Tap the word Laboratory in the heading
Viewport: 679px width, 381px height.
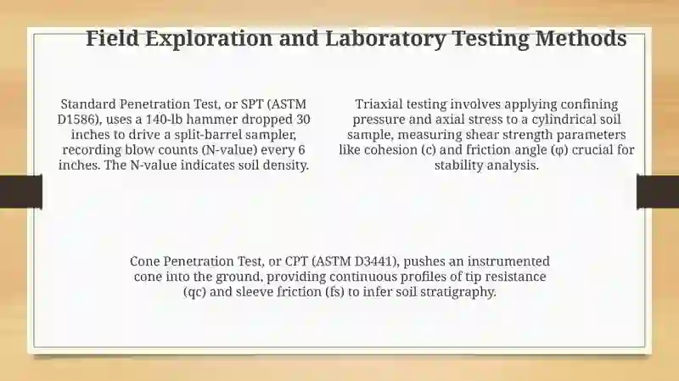tap(385, 38)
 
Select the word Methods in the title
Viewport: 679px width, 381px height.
tap(581, 38)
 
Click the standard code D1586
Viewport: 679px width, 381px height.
tap(76, 120)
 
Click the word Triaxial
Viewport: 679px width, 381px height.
tap(379, 104)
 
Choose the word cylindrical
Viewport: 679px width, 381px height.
tap(565, 120)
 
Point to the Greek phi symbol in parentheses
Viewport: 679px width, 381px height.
tap(558, 151)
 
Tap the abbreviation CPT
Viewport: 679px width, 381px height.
tap(296, 261)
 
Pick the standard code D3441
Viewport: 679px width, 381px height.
tap(375, 261)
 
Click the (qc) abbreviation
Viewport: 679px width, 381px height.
tap(195, 292)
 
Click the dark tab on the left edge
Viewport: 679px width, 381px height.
tap(21, 192)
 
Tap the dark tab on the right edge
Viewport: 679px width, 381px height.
tap(658, 192)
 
